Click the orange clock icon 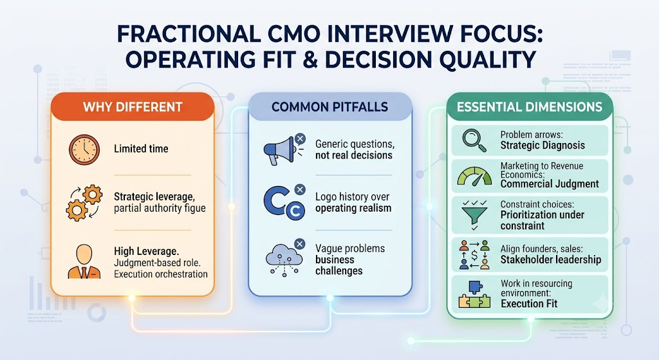pyautogui.click(x=84, y=149)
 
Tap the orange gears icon pyautogui.click(x=84, y=203)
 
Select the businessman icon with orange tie pyautogui.click(x=84, y=261)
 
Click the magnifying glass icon pyautogui.click(x=474, y=140)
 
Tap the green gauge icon pyautogui.click(x=474, y=176)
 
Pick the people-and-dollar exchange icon pyautogui.click(x=474, y=255)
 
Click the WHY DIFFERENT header pyautogui.click(x=133, y=107)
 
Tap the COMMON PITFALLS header pyautogui.click(x=330, y=107)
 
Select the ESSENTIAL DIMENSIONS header pyautogui.click(x=530, y=107)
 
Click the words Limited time pyautogui.click(x=141, y=149)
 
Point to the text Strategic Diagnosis pyautogui.click(x=543, y=146)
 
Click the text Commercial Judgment pyautogui.click(x=550, y=184)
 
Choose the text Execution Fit pyautogui.click(x=529, y=303)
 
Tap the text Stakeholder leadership pyautogui.click(x=551, y=260)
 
